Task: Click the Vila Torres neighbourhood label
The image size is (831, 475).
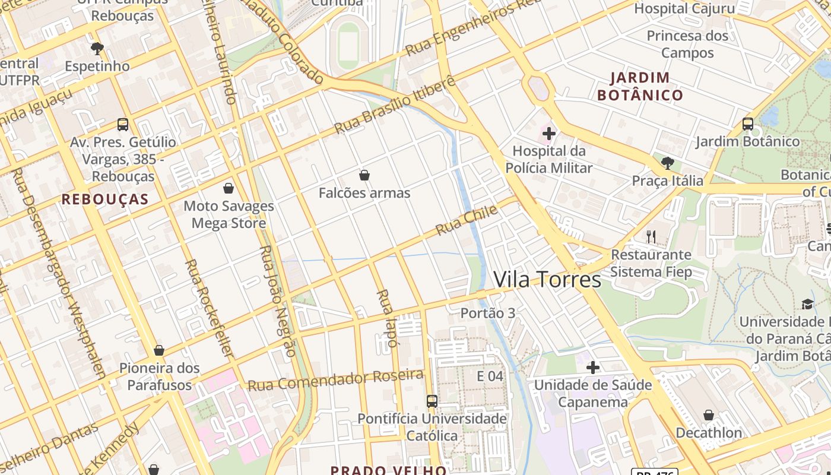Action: tap(547, 279)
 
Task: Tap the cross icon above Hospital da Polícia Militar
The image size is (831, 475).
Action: tap(549, 134)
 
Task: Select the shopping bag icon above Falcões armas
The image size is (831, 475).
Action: tap(364, 175)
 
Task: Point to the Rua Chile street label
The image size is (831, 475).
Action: tap(467, 221)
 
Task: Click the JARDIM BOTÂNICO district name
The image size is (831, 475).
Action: tap(640, 86)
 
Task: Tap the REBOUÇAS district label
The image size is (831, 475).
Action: tap(104, 199)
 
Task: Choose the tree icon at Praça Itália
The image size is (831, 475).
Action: tap(668, 163)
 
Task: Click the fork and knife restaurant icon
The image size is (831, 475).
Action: tap(651, 236)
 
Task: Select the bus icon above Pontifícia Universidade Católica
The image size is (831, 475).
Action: tap(432, 401)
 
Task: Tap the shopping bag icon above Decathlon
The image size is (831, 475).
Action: tap(708, 415)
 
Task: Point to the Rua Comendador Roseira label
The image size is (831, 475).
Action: tap(335, 380)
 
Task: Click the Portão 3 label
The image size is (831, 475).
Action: tap(488, 313)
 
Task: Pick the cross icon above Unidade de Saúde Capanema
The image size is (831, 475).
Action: tap(592, 368)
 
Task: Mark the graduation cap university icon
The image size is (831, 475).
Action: tap(807, 305)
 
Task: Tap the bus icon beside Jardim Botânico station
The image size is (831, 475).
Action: tap(748, 124)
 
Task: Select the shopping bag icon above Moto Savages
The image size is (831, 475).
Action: tap(229, 188)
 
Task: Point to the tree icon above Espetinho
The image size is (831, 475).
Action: tap(97, 49)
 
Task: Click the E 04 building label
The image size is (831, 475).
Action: tap(490, 376)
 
